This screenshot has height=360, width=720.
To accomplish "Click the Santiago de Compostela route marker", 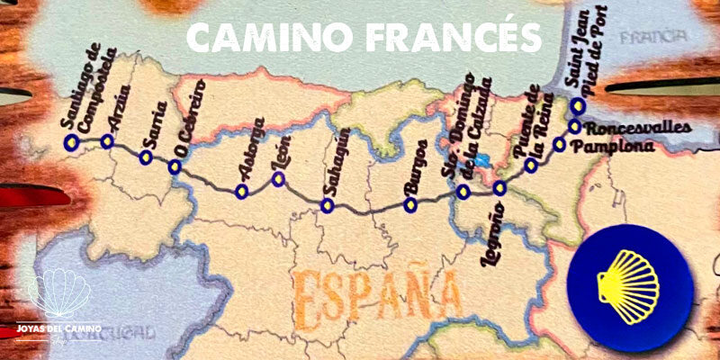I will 71,142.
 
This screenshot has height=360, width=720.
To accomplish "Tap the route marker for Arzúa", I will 107,141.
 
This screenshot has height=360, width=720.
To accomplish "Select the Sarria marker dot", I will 146,157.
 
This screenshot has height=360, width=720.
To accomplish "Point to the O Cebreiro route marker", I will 175,166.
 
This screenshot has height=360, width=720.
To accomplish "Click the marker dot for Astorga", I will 240,191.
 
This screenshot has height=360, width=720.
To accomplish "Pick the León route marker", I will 278,180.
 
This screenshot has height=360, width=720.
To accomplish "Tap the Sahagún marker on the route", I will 327,206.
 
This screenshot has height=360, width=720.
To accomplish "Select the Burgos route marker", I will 410,205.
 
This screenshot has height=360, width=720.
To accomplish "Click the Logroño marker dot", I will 500,188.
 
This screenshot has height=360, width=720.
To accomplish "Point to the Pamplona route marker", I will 559,144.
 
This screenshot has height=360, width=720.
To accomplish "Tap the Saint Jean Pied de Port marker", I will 578,105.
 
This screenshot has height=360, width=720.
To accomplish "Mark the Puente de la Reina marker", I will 531,166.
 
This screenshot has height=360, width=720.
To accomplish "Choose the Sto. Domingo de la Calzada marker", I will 463,191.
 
